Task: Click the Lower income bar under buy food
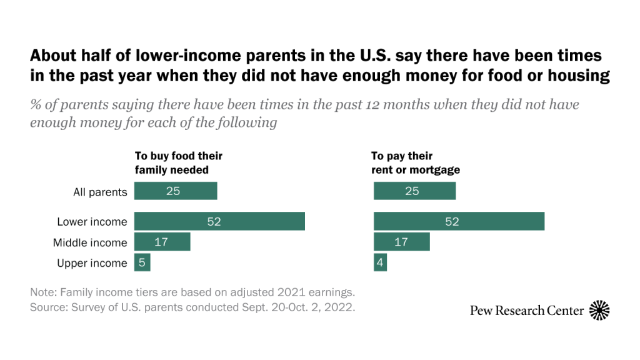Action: pyautogui.click(x=219, y=222)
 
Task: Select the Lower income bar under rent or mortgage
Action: pyautogui.click(x=459, y=222)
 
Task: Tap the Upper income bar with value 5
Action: pyautogui.click(x=142, y=263)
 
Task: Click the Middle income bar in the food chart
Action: pyautogui.click(x=162, y=242)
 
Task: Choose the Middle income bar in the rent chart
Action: pyautogui.click(x=401, y=242)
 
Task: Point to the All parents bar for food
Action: pyautogui.click(x=176, y=191)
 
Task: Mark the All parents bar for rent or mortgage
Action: pyautogui.click(x=414, y=191)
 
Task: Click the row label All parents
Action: pyautogui.click(x=100, y=192)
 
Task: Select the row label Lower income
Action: pyautogui.click(x=92, y=222)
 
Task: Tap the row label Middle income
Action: pyautogui.click(x=90, y=242)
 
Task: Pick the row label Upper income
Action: pyautogui.click(x=92, y=263)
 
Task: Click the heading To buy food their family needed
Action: pyautogui.click(x=179, y=162)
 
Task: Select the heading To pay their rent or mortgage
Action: pyautogui.click(x=416, y=162)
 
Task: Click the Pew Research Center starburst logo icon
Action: pyautogui.click(x=599, y=310)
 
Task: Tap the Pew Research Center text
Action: pyautogui.click(x=527, y=311)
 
